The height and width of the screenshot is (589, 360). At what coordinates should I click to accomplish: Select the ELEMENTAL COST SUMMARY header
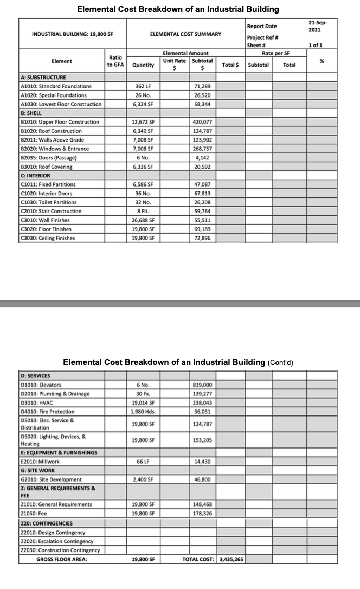tap(185, 34)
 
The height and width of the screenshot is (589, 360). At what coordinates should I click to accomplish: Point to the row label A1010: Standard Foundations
tap(56, 86)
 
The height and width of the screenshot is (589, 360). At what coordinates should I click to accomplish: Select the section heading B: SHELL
tap(31, 113)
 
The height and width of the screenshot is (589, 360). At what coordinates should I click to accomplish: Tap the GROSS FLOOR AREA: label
tap(61, 559)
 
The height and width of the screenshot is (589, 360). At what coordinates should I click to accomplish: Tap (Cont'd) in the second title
tap(281, 362)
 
